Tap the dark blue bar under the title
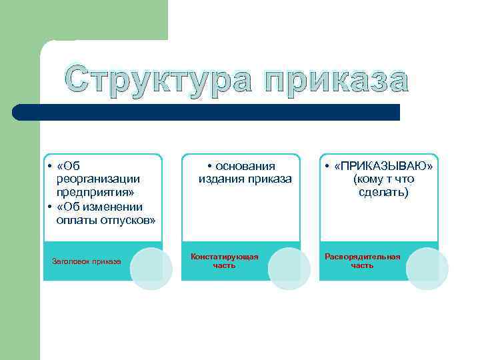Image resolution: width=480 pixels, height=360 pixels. (207, 112)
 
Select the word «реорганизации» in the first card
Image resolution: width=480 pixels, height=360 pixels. (98, 179)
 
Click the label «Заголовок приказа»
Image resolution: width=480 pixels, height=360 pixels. (87, 261)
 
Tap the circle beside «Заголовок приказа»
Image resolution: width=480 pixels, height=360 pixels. (151, 269)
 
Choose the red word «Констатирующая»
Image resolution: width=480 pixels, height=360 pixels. (225, 257)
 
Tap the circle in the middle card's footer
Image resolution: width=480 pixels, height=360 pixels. (289, 269)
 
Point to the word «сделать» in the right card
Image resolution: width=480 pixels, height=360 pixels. (383, 193)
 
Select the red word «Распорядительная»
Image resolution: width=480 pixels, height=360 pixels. (363, 257)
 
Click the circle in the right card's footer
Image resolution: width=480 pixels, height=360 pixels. (427, 269)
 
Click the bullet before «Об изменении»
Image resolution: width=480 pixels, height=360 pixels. (51, 207)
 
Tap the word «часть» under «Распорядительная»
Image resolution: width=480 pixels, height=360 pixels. (363, 265)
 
